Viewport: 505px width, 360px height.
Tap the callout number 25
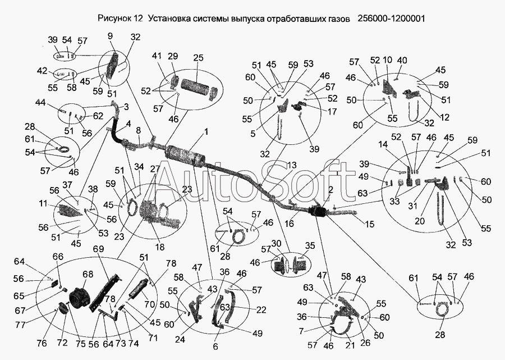point(199,58)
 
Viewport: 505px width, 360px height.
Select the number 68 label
point(88,275)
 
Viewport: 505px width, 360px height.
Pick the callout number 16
point(290,223)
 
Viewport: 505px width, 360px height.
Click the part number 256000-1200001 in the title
point(391,18)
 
